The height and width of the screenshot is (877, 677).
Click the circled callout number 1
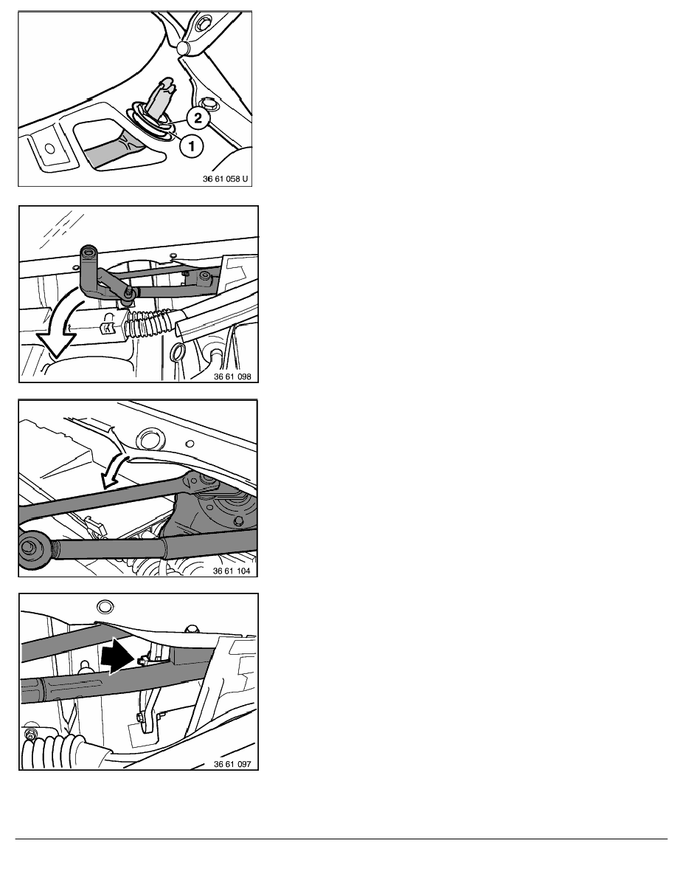pos(192,147)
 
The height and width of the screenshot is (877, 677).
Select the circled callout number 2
pos(198,118)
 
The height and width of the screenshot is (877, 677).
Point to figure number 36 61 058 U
pos(225,179)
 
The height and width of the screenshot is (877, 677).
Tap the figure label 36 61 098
pos(232,376)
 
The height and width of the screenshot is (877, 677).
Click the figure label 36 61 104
pos(232,571)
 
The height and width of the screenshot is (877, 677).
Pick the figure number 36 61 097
pos(232,764)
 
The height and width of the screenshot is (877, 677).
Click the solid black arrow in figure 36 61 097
pos(119,656)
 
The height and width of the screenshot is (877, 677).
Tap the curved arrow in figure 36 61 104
pos(118,458)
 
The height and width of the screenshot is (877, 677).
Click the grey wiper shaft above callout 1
pos(162,100)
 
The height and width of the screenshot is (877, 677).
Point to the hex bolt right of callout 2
pos(210,103)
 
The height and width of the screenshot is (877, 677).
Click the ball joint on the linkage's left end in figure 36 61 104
pos(29,548)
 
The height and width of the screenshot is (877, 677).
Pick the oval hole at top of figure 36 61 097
pos(105,607)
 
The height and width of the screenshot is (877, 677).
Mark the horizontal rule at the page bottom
pos(341,839)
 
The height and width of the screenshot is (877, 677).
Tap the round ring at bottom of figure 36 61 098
pos(178,353)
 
